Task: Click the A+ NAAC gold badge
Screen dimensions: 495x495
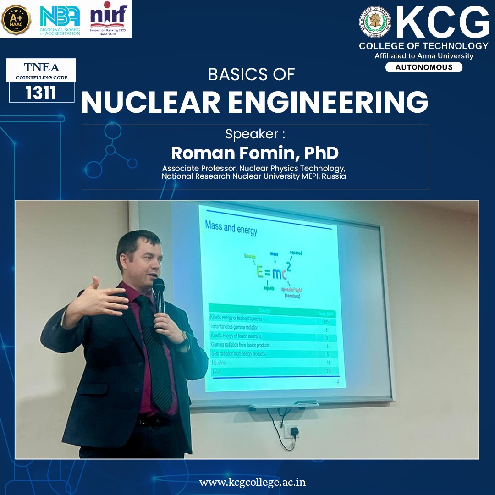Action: pos(16,20)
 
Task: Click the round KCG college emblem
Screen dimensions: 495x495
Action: pos(375,22)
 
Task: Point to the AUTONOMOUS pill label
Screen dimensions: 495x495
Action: pos(423,67)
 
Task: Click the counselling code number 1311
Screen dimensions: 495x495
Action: pos(41,93)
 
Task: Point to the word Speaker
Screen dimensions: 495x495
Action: pos(252,134)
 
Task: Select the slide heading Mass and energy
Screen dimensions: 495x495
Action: pos(231,227)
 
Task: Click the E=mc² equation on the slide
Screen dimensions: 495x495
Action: pos(272,273)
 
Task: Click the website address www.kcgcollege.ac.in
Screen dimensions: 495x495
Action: pos(253,482)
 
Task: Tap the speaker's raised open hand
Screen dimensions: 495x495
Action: pos(103,297)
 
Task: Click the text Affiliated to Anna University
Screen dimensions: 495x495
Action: pos(423,56)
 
